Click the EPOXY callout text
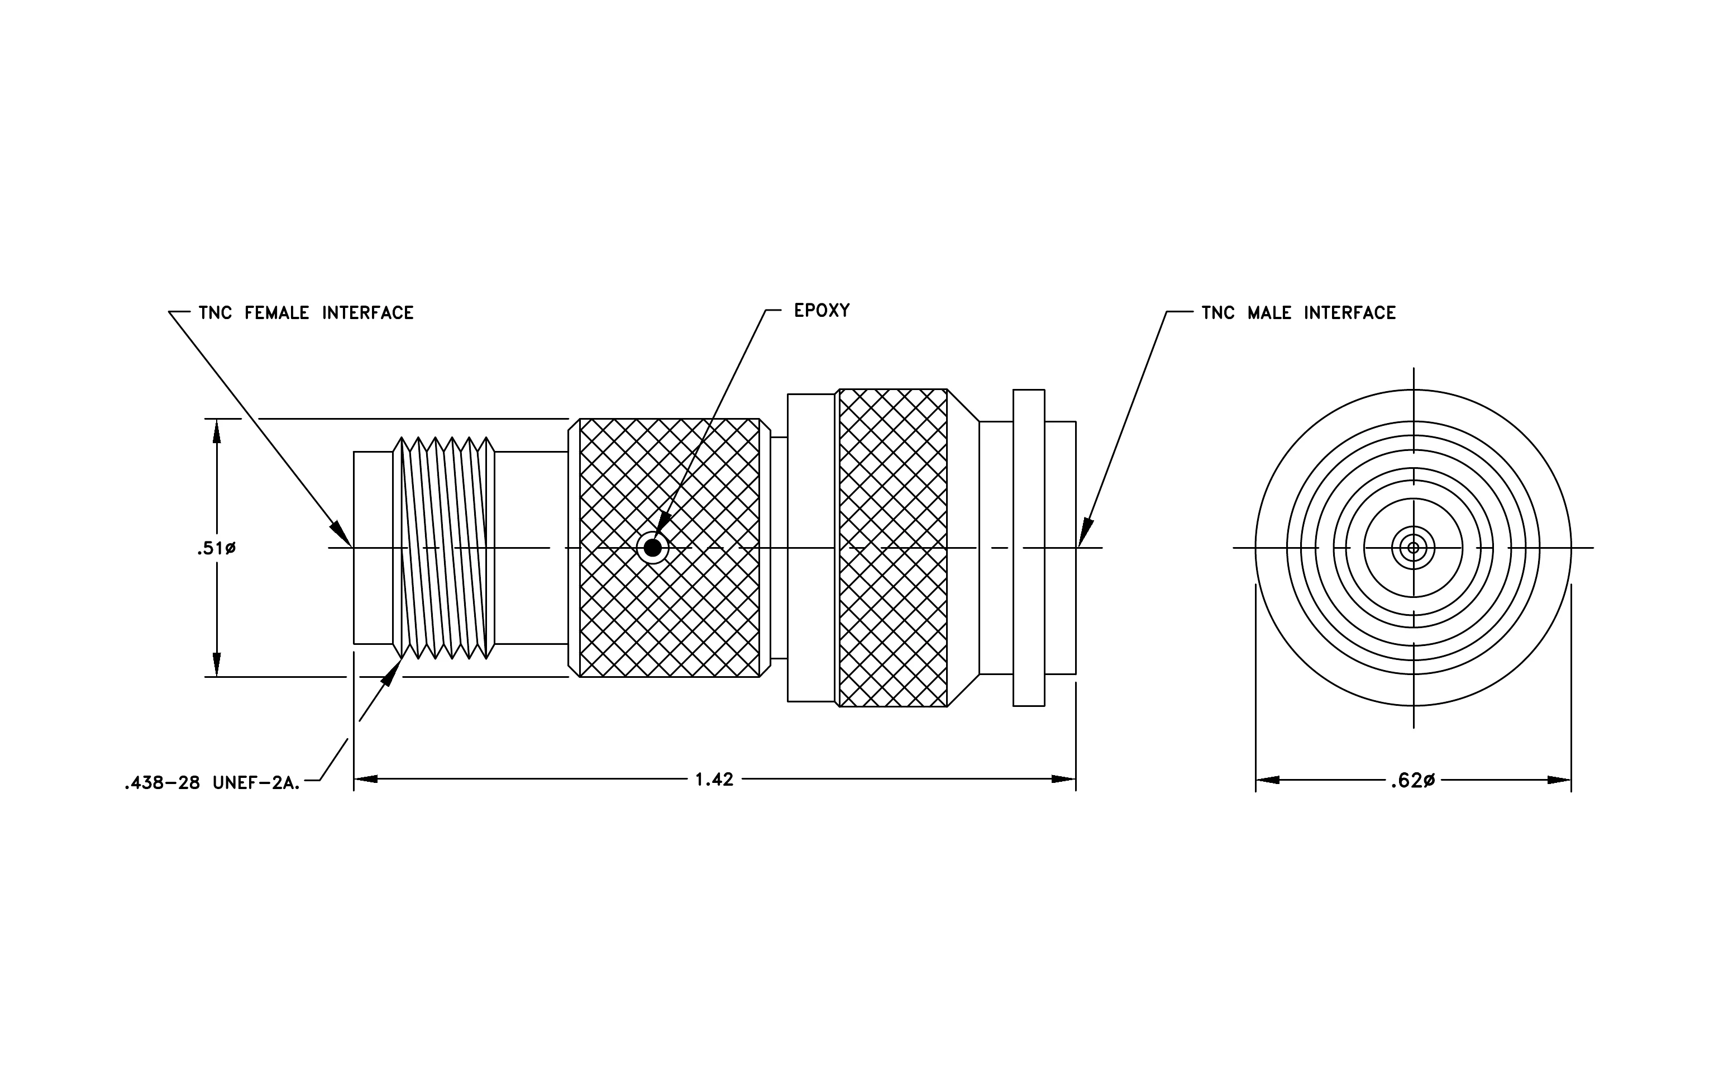[822, 311]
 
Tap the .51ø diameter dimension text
[216, 548]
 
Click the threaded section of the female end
[444, 548]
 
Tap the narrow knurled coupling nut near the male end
[893, 548]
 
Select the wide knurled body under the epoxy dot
[670, 548]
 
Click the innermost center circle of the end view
[1414, 548]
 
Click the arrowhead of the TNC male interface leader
[1085, 533]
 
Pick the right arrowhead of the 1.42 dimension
[1063, 780]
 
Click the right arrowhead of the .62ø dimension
[1559, 780]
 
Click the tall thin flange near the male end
[1029, 548]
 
